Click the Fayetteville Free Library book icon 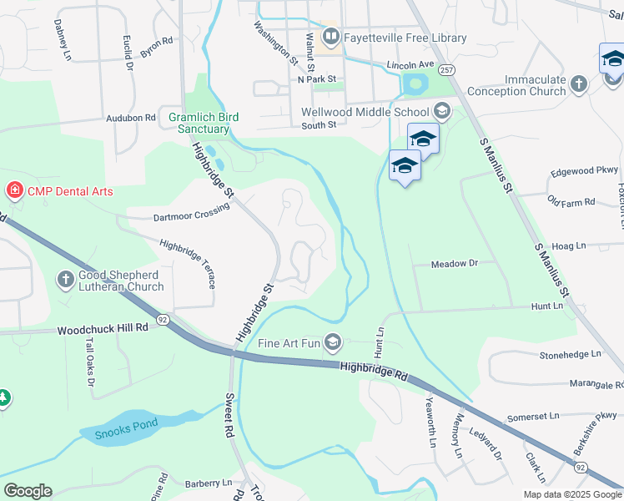click(330, 37)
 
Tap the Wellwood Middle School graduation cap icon click(442, 110)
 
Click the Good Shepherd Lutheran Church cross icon click(66, 279)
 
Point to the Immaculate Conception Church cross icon click(580, 83)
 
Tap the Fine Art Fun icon click(333, 342)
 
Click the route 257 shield click(449, 70)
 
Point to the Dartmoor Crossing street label click(191, 216)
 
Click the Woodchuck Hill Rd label click(103, 330)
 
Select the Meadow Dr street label click(454, 263)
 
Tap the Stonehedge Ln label click(570, 354)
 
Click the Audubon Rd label click(131, 119)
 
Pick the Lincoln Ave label click(410, 64)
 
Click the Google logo click(28, 491)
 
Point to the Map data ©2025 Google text click(571, 494)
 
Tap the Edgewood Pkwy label click(583, 172)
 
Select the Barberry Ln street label click(209, 483)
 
